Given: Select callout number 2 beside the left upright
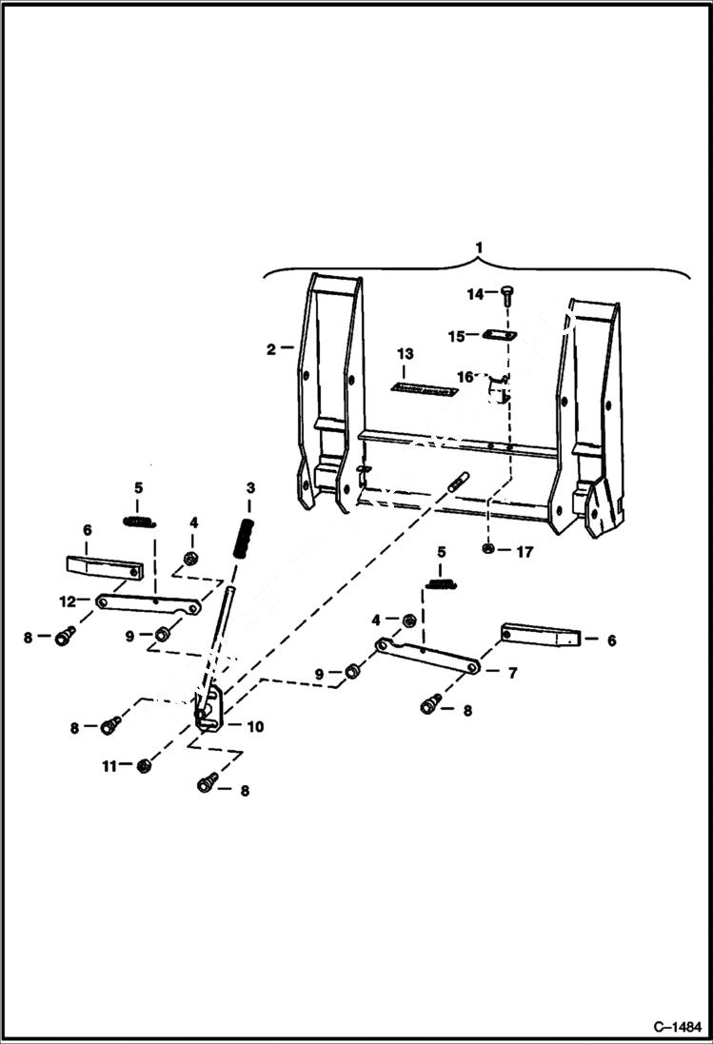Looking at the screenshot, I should tap(271, 349).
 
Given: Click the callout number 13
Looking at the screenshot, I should tap(406, 354).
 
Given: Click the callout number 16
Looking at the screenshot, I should tap(465, 377).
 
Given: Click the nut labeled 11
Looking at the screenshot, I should tap(145, 765).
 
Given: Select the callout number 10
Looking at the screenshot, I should tap(255, 726).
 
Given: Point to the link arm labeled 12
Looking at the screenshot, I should tap(148, 603).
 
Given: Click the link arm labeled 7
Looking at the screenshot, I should tap(428, 658).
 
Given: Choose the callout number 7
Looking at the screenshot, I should tap(512, 673).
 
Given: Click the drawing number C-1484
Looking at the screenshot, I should tap(676, 1027).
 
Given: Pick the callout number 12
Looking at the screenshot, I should tap(66, 601).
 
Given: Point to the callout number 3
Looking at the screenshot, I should tap(250, 487).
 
